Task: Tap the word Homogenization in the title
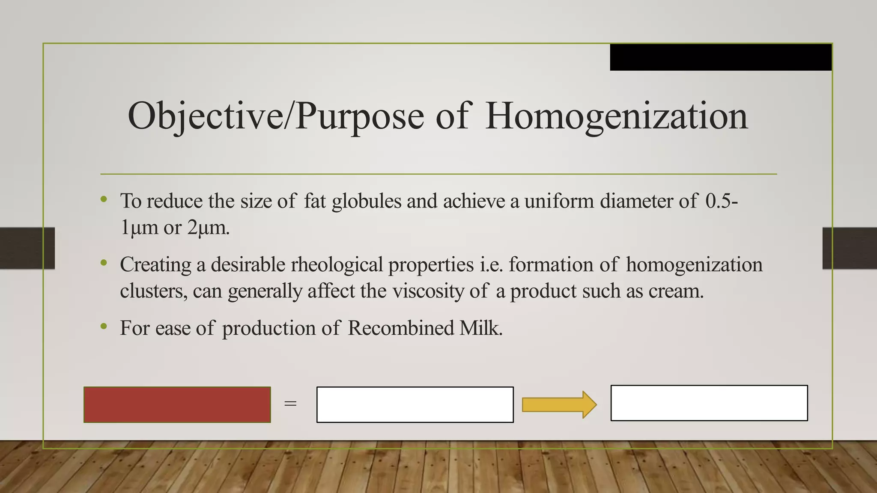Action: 617,116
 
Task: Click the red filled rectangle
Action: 177,404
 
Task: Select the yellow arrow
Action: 559,404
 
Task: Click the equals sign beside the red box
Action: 290,404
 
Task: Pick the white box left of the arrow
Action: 415,404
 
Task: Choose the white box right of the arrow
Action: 709,403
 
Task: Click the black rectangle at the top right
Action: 721,57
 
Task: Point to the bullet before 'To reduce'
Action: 104,199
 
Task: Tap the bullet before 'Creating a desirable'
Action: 104,263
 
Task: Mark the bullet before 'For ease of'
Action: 104,327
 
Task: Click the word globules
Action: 367,201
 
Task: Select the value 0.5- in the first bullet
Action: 722,201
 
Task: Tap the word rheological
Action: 337,265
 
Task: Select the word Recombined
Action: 401,328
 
